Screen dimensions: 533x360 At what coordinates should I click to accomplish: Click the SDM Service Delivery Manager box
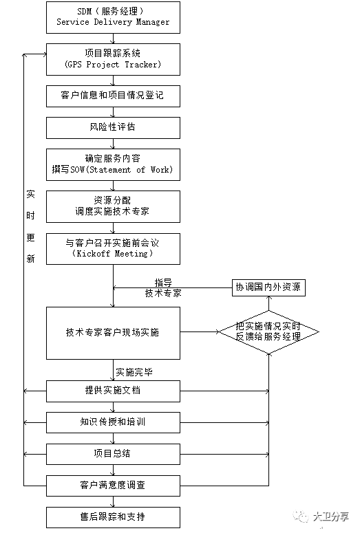113,17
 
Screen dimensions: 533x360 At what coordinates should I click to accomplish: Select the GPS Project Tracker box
113,60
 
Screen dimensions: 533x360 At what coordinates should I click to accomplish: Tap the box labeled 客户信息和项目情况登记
113,96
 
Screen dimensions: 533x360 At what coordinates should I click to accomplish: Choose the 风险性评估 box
113,127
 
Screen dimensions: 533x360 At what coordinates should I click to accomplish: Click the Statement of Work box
113,164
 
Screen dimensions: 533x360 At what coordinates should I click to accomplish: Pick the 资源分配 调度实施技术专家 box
113,206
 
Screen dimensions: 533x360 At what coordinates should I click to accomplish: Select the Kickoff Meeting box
113,248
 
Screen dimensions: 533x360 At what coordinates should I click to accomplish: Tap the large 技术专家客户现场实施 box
113,333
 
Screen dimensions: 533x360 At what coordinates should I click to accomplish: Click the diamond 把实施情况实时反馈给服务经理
268,332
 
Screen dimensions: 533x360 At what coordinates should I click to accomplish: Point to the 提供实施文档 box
113,391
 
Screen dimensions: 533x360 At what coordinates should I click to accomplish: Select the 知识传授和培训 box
113,422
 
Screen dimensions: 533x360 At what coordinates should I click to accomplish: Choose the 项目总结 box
113,453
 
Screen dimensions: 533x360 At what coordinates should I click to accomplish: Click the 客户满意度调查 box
113,485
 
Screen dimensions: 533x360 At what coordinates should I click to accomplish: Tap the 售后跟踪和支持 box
113,516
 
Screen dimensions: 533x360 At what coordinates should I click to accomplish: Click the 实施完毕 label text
134,371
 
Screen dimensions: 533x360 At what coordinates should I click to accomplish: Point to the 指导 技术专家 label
163,287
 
